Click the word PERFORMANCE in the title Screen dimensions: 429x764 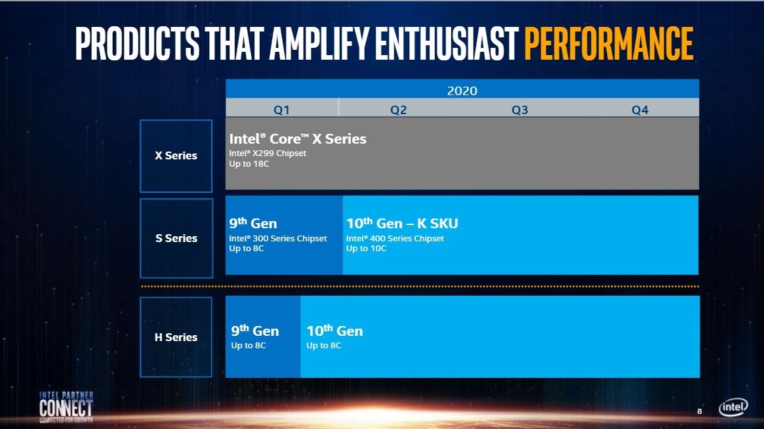[x=608, y=43]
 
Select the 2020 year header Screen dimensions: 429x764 [x=462, y=91]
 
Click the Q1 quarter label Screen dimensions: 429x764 [x=281, y=110]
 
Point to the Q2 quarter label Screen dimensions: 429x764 [x=398, y=110]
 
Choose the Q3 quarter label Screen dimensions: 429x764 [x=519, y=110]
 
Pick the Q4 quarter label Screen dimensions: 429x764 [x=639, y=110]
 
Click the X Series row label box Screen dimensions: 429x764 [x=176, y=156]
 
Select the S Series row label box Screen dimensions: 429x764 [x=176, y=238]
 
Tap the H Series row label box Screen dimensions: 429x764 [x=176, y=337]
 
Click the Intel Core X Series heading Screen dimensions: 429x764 [x=298, y=139]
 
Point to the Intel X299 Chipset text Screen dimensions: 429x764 [x=268, y=153]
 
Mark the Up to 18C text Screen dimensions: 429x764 [x=249, y=163]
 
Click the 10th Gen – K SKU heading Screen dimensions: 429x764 [x=402, y=224]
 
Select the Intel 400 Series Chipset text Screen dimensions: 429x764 [x=395, y=239]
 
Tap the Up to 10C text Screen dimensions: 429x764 [x=366, y=249]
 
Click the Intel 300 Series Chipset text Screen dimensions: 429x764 [x=277, y=239]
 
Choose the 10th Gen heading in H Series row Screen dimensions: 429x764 [x=334, y=331]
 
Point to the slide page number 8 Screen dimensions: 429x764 [x=699, y=411]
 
